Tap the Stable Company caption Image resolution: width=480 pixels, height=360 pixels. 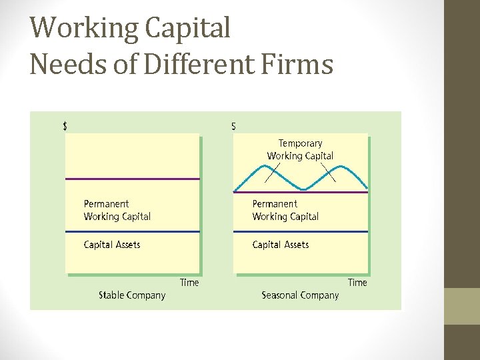point(132,295)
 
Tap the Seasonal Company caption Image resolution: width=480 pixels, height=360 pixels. point(300,295)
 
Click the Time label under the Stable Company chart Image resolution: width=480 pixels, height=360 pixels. point(189,283)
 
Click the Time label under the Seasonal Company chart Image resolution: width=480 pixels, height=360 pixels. point(357,283)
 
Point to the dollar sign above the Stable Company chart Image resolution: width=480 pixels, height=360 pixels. point(65,127)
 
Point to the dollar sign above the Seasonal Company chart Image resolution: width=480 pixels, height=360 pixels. point(233,127)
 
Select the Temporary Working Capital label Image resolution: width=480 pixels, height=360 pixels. point(300,149)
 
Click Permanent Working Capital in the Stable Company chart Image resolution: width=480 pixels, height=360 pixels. point(117,210)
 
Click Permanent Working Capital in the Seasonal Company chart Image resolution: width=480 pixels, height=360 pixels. point(285,210)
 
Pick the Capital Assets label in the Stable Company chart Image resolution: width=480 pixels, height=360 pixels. point(112,245)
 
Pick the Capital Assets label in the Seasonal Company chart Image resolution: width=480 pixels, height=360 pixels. point(281,245)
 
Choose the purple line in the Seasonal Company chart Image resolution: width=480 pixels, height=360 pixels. point(300,192)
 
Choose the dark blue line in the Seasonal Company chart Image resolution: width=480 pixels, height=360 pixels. point(300,231)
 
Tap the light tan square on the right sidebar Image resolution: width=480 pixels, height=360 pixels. point(461,305)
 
